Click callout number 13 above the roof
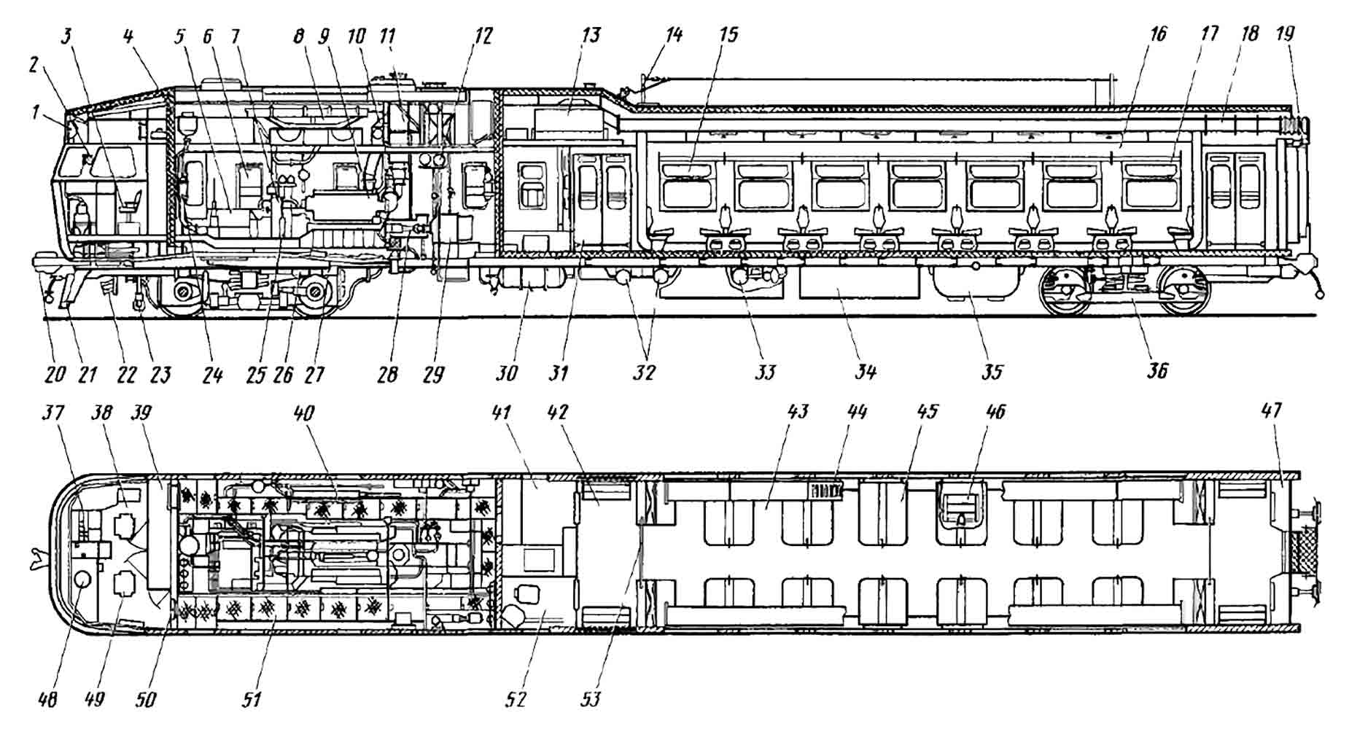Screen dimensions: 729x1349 pos(591,35)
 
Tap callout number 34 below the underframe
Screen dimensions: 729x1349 pos(865,373)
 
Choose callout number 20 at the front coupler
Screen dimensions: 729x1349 pos(55,375)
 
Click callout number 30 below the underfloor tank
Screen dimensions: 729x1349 pos(507,373)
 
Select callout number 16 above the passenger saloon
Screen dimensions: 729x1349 pos(1158,34)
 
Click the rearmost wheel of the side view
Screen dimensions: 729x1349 pos(1183,290)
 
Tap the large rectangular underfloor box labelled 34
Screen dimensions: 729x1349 pos(858,283)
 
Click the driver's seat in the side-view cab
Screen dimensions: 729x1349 pos(131,205)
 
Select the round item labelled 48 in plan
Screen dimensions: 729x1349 pos(83,581)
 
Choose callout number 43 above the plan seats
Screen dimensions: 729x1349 pos(798,411)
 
